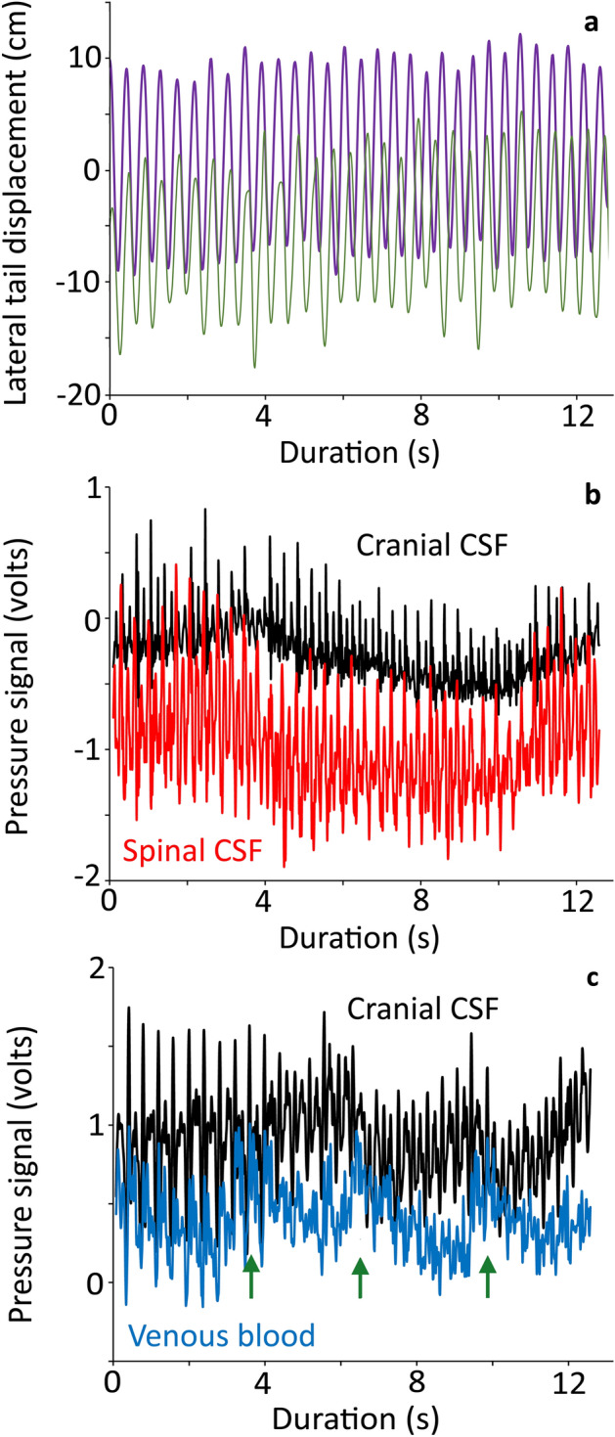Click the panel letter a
pyautogui.click(x=591, y=24)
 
